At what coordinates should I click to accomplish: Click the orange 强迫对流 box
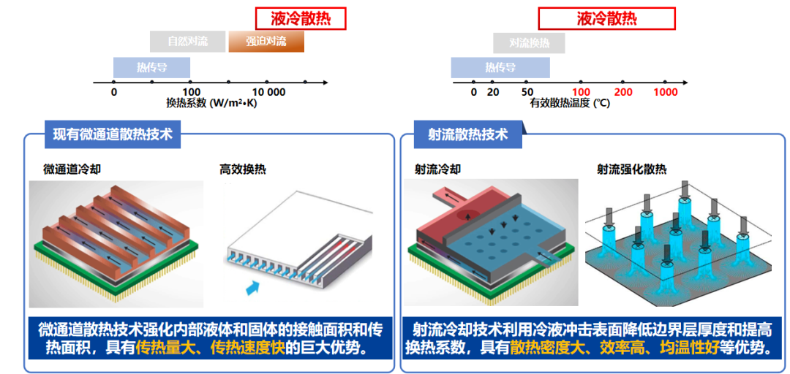(x=266, y=42)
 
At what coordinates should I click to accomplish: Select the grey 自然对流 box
(x=188, y=42)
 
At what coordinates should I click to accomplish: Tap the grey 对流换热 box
(x=529, y=43)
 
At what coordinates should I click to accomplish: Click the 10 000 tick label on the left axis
(x=269, y=92)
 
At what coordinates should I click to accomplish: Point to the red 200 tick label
(x=623, y=92)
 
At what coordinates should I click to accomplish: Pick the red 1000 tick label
(x=666, y=92)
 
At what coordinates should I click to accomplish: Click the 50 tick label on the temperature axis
(x=527, y=92)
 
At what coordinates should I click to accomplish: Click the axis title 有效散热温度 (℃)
(x=570, y=104)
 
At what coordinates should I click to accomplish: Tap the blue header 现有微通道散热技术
(x=113, y=134)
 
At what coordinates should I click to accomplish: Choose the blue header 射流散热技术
(x=467, y=134)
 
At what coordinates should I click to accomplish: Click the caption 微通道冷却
(x=72, y=169)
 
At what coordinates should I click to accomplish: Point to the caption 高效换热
(x=243, y=169)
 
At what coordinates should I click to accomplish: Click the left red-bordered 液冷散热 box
(x=301, y=19)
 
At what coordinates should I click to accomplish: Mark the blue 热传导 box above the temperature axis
(x=500, y=68)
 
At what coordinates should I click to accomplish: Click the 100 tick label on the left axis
(x=191, y=92)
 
